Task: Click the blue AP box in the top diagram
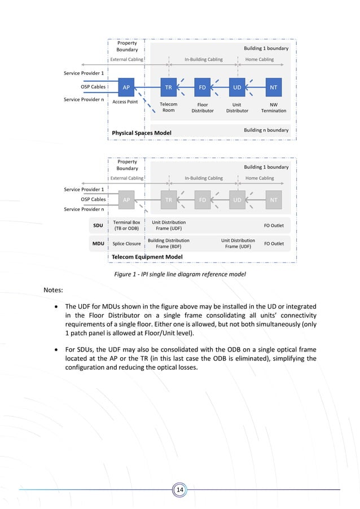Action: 126,87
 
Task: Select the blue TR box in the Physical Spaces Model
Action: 168,87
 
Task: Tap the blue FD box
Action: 202,87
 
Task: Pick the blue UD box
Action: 238,87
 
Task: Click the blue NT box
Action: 274,87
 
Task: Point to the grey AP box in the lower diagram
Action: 126,199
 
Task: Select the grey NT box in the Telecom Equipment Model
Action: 274,199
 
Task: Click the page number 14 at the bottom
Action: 180,489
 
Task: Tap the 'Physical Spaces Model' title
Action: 142,133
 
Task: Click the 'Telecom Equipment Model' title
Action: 147,257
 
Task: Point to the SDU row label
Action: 98,225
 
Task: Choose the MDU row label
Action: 98,244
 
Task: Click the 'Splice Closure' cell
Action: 126,244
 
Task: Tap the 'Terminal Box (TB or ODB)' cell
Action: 126,225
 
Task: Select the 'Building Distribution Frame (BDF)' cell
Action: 168,244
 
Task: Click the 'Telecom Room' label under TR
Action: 168,107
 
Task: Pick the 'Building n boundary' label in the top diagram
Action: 266,130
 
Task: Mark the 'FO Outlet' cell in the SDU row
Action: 274,225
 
